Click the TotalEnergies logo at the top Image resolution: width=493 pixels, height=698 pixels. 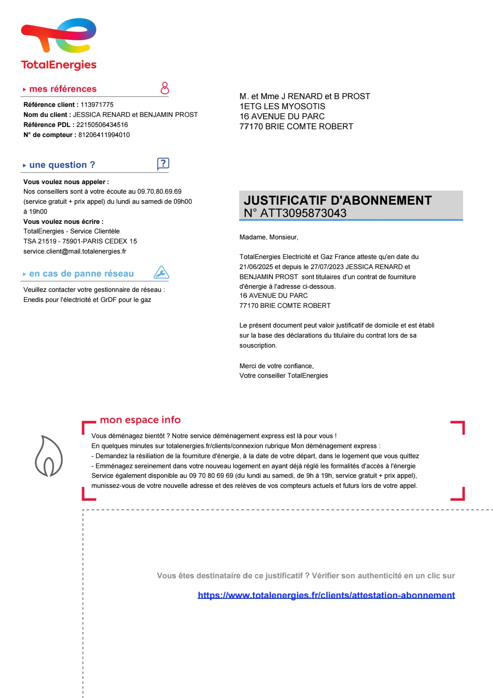click(59, 44)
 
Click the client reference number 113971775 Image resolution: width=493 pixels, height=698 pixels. click(97, 105)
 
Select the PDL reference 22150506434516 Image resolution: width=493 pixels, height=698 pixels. click(102, 125)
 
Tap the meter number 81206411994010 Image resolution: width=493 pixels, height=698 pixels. click(104, 135)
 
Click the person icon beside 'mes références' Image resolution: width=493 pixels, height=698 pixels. click(165, 88)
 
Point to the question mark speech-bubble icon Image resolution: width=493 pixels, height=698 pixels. click(163, 164)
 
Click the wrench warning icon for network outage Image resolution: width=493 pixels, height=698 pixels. click(162, 272)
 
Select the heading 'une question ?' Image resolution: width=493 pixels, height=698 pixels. click(62, 165)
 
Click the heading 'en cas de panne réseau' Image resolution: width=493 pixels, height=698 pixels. click(81, 274)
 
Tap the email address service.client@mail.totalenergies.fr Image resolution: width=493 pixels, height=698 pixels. click(75, 251)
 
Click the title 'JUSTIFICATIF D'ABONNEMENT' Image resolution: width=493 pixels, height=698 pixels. click(337, 201)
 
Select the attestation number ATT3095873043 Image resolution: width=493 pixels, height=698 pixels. click(303, 213)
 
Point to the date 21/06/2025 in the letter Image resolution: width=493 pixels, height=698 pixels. click(256, 267)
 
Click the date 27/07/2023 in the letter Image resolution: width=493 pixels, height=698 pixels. click(327, 267)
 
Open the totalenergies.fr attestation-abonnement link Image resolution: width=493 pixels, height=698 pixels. click(326, 595)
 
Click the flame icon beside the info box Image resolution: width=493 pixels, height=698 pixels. click(49, 456)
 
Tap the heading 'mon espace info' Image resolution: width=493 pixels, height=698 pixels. click(140, 420)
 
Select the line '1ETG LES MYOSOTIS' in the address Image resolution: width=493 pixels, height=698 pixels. click(282, 106)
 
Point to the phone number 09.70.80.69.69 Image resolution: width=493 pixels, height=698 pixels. click(159, 191)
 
